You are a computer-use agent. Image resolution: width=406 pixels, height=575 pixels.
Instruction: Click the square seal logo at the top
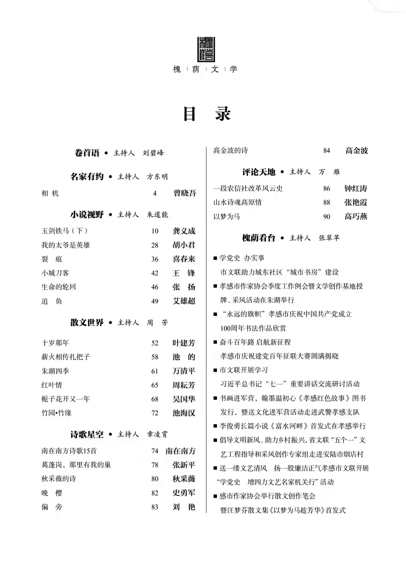[206, 49]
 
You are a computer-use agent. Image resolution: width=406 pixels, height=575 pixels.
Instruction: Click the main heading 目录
[206, 114]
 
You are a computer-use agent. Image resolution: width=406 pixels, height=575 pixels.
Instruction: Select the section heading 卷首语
[87, 153]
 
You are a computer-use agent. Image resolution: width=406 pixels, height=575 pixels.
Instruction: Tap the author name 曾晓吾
[185, 193]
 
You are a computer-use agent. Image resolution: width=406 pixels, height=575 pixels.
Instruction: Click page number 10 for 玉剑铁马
[155, 231]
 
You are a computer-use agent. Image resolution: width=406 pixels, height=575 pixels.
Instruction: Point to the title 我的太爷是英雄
[66, 245]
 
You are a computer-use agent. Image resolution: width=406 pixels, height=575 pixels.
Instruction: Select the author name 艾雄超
[184, 301]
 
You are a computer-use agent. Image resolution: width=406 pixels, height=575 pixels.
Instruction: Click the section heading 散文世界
[87, 323]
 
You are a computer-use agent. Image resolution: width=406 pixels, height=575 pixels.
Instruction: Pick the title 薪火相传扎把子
[66, 357]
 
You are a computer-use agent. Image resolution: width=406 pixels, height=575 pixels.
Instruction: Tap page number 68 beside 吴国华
[155, 399]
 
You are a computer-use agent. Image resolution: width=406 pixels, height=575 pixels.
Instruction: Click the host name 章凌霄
[157, 434]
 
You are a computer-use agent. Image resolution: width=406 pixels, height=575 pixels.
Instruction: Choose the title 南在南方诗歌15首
[69, 451]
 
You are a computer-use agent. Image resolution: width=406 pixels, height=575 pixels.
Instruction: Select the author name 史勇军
[184, 493]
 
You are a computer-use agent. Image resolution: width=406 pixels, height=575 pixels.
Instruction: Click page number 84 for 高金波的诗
[326, 151]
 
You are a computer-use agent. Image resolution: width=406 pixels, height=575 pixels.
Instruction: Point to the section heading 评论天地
[259, 172]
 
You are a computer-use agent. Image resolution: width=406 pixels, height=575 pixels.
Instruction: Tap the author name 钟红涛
[356, 188]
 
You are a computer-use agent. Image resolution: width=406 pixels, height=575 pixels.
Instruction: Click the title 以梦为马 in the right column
[227, 217]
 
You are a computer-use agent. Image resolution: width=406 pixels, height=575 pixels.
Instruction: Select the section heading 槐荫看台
[259, 238]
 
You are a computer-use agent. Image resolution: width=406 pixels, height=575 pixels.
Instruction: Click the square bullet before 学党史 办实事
[215, 258]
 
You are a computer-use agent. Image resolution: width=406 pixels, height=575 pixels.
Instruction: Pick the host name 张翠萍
[329, 238]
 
